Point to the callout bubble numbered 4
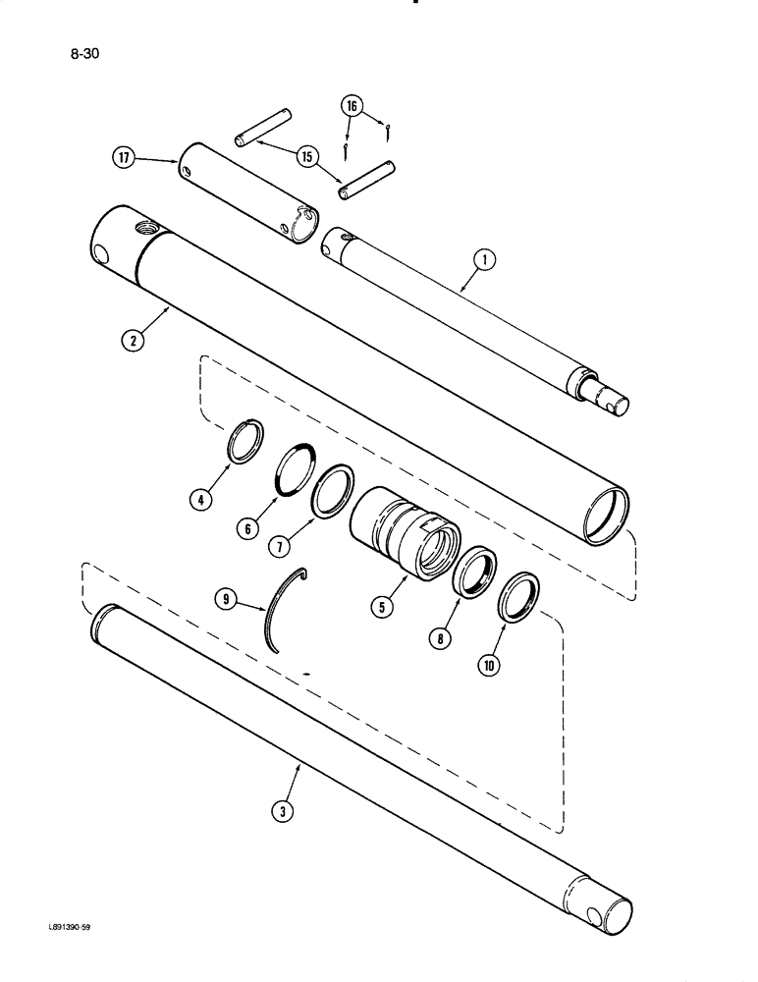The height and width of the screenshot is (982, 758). (x=200, y=500)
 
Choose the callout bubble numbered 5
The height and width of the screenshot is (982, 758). (x=382, y=606)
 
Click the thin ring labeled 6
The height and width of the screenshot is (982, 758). (x=295, y=467)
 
